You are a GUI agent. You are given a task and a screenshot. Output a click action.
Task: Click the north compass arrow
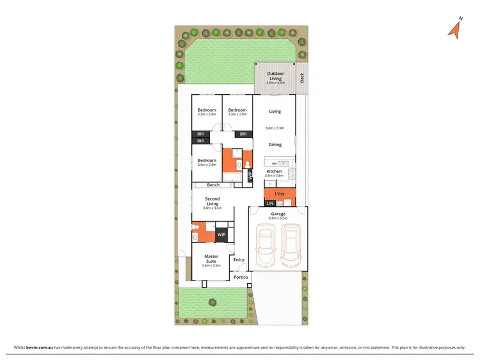(x=454, y=29)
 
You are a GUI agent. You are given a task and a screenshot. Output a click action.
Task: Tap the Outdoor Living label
(x=275, y=76)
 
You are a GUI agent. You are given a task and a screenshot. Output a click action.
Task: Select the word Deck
(x=302, y=80)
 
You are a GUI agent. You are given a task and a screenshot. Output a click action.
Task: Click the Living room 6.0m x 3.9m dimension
(x=275, y=128)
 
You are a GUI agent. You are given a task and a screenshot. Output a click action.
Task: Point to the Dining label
(x=275, y=145)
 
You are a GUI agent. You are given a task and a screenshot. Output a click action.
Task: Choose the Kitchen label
(x=274, y=172)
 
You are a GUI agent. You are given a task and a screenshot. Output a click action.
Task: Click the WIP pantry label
(x=250, y=175)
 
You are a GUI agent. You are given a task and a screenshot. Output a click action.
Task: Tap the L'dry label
(x=280, y=193)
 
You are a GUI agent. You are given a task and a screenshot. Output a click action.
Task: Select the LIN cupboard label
(x=270, y=203)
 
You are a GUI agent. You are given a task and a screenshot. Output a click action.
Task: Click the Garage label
(x=278, y=214)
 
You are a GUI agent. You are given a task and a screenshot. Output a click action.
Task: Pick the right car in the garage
(x=291, y=247)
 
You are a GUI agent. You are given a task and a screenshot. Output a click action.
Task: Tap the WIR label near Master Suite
(x=221, y=235)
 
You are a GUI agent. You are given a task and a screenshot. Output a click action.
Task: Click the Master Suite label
(x=211, y=258)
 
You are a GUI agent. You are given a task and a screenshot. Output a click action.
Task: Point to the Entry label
(x=239, y=259)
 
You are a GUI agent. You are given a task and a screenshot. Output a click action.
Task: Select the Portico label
(x=241, y=277)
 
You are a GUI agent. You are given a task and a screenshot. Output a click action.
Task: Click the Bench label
(x=213, y=185)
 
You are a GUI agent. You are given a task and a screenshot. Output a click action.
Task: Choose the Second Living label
(x=212, y=201)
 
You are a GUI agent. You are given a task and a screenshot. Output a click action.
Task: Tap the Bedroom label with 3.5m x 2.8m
(x=206, y=160)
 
